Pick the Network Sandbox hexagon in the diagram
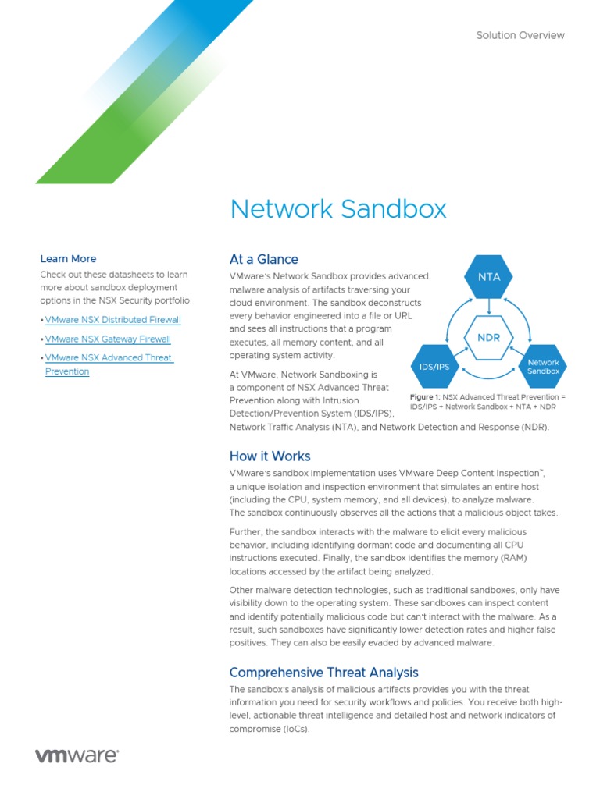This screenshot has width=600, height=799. coord(544,366)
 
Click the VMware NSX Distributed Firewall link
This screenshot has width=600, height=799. coord(112,320)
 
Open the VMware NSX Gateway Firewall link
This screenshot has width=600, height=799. coord(108,339)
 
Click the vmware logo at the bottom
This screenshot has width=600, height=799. coord(77,756)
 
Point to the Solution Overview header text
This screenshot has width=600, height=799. coord(520,35)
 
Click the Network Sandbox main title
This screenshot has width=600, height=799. coord(338,209)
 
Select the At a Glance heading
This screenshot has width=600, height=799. coord(263,259)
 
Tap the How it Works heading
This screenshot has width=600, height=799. coord(270,456)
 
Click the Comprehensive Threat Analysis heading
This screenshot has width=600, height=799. coord(323,673)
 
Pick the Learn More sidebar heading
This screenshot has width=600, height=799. coord(68,259)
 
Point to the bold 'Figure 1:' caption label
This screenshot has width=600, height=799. coord(425,397)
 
